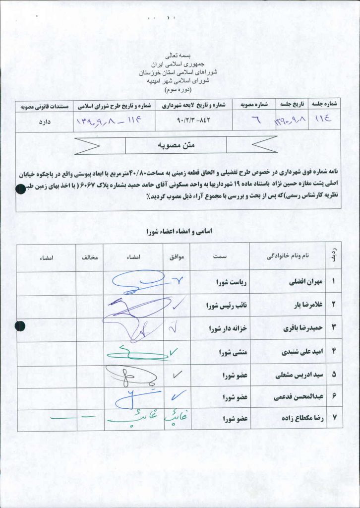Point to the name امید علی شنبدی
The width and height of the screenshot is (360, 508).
pyautogui.click(x=302, y=352)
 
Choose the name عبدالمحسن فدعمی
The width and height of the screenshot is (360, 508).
pyautogui.click(x=298, y=397)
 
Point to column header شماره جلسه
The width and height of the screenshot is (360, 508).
pyautogui.click(x=324, y=105)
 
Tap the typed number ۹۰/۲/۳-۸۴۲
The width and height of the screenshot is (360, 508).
pyautogui.click(x=193, y=121)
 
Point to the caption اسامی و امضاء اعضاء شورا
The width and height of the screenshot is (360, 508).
pyautogui.click(x=180, y=232)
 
